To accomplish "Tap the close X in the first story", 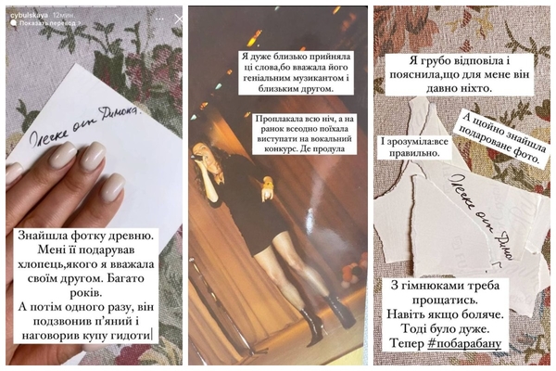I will (x=179, y=19).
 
